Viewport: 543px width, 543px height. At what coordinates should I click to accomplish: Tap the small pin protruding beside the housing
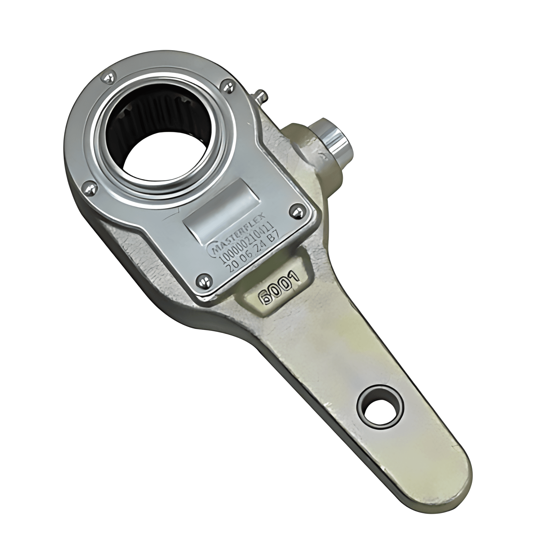point(261,96)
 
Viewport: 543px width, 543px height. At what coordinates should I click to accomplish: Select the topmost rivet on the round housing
point(108,78)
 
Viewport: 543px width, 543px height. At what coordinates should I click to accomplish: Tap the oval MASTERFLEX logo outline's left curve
point(214,250)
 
